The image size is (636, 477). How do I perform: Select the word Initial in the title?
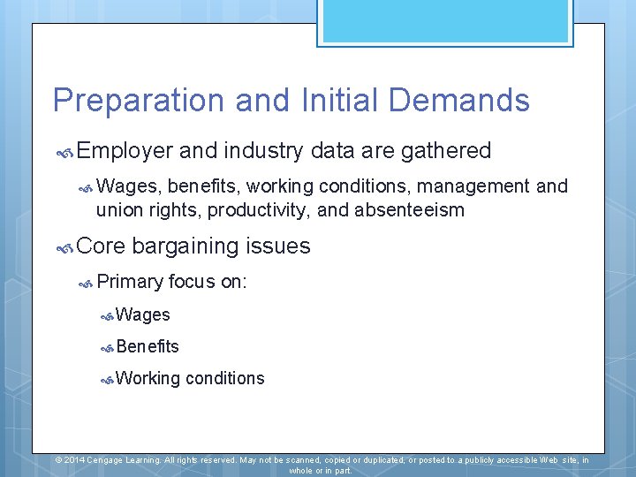(x=341, y=101)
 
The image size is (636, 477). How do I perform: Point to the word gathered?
(x=446, y=151)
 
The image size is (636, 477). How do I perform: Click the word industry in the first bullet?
(x=263, y=151)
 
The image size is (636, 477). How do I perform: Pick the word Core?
(x=101, y=246)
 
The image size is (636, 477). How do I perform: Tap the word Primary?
(x=131, y=282)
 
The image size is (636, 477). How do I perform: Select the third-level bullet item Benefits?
(x=148, y=346)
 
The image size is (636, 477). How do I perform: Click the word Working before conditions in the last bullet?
(x=148, y=378)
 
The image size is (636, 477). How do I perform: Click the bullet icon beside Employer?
(x=64, y=153)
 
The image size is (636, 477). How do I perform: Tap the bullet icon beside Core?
(x=64, y=248)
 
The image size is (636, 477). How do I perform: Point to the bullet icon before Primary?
(x=86, y=284)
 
